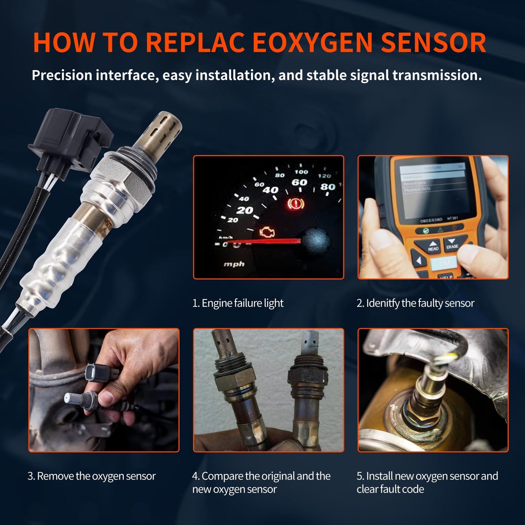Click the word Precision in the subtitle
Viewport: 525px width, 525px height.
(62, 75)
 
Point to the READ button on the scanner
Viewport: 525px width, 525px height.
(433, 246)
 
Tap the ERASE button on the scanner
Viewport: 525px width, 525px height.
(452, 244)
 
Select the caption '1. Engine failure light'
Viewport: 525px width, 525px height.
(238, 303)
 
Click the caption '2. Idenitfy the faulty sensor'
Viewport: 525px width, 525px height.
(415, 303)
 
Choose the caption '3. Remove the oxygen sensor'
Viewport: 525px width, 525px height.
(92, 476)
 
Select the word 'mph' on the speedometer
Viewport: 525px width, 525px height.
(234, 264)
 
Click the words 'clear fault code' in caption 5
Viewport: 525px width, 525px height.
(390, 489)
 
